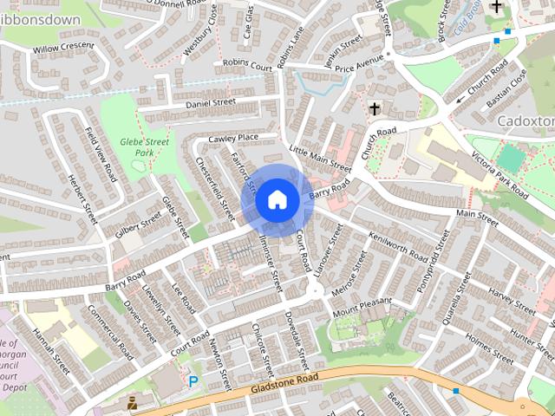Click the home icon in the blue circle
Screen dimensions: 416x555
tap(277, 199)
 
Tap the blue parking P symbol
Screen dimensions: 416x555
tap(193, 380)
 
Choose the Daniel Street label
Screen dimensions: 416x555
tap(211, 103)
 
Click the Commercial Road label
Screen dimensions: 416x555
tap(110, 336)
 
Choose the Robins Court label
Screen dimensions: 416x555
tap(247, 63)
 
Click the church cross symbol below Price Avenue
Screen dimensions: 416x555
tap(375, 109)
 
